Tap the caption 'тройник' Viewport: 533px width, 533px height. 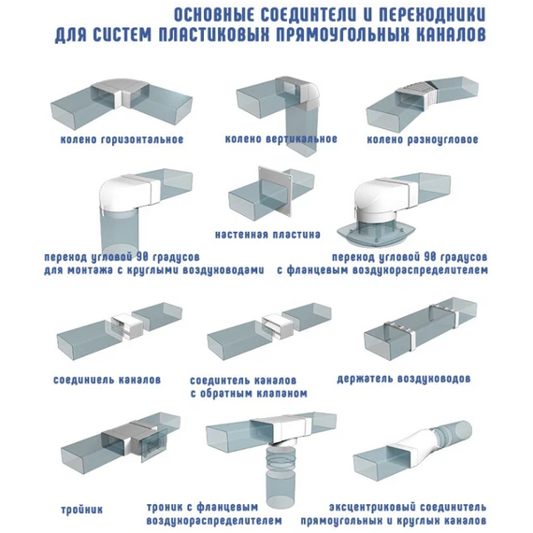pyautogui.click(x=79, y=509)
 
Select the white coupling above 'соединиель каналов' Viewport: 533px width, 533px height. pyautogui.click(x=125, y=327)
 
